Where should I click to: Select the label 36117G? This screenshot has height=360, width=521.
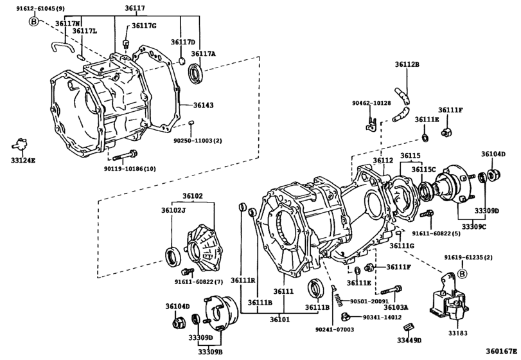pos(144,26)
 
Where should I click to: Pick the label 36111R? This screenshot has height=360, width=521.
pos(243,280)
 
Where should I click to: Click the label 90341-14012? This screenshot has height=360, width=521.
pos(382,317)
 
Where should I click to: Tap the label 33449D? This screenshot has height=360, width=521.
pos(409,340)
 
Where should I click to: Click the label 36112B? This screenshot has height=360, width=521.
pos(407,65)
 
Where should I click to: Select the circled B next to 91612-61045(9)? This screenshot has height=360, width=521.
pos(33,21)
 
